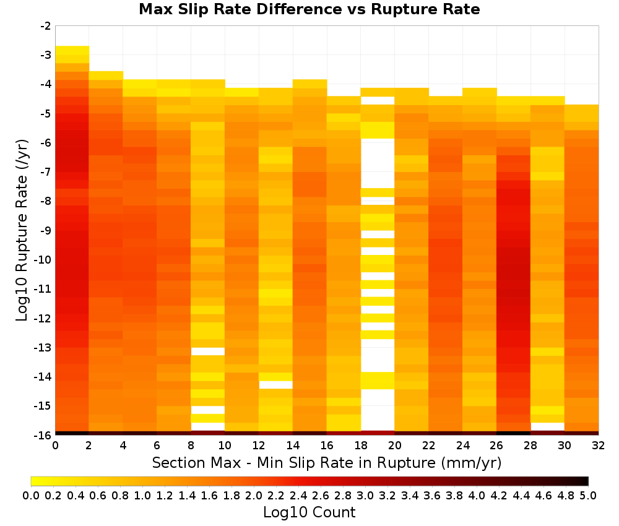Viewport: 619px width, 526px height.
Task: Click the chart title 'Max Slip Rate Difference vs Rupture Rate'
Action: (309, 9)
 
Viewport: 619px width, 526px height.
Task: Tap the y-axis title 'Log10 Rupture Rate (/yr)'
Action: (22, 230)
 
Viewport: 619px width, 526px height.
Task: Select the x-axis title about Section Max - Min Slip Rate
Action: (326, 463)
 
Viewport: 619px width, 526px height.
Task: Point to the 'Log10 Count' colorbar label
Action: (309, 512)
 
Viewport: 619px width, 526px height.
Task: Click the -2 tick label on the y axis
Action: (46, 26)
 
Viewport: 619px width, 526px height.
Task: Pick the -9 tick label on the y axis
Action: (46, 230)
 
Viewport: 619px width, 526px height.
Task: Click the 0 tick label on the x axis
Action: (55, 446)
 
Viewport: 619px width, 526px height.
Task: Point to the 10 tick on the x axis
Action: (225, 446)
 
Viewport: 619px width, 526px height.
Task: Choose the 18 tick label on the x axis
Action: (361, 446)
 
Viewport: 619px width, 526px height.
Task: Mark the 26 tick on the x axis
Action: (496, 446)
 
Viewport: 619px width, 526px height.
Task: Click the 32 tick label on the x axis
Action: (599, 446)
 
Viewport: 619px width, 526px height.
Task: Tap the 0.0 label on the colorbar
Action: (31, 495)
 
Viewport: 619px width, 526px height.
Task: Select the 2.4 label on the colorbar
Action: (298, 495)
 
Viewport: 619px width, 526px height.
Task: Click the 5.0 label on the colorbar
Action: (588, 495)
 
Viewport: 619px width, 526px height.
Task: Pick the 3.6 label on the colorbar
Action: (432, 495)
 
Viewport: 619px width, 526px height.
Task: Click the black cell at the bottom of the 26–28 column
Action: (513, 433)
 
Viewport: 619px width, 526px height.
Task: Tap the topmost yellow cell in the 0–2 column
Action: (72, 50)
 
